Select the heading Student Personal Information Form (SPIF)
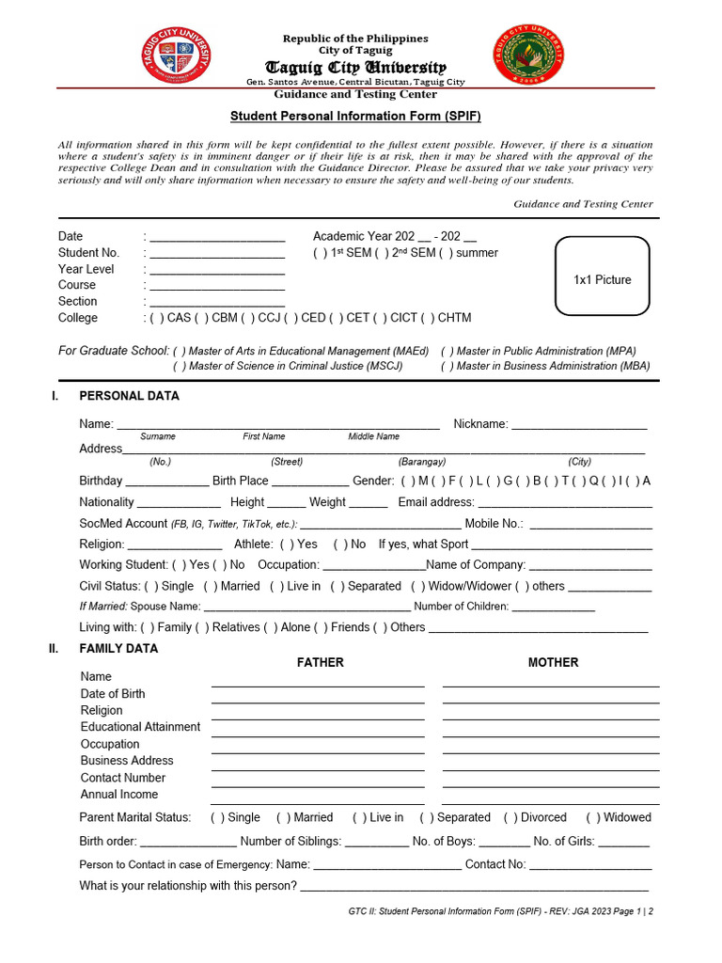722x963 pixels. click(356, 115)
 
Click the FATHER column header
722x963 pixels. click(320, 662)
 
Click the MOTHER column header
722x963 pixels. click(553, 662)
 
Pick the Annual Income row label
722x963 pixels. click(119, 795)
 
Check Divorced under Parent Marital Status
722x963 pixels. click(510, 818)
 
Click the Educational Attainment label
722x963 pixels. click(140, 727)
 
